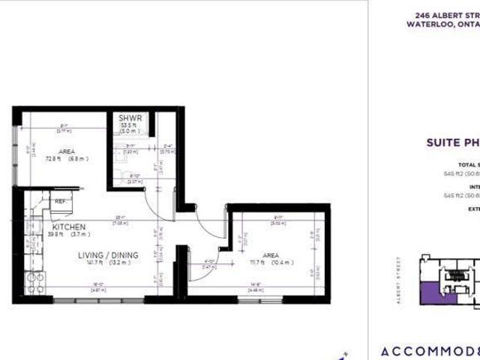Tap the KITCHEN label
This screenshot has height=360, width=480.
click(69, 226)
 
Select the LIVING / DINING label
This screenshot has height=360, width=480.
click(108, 254)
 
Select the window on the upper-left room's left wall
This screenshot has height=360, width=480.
click(14, 157)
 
